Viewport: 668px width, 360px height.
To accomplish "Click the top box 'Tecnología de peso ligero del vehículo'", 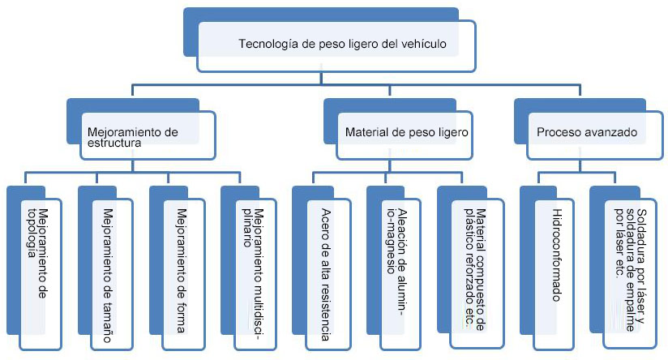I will [336, 45].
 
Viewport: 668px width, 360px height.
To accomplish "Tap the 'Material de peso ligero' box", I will [405, 131].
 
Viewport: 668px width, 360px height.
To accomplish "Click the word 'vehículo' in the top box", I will [423, 45].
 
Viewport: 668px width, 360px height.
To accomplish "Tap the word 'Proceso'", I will [559, 131].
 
